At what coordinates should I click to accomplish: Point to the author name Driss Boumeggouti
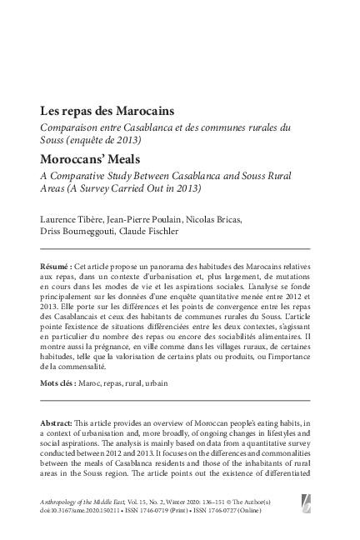coord(77,231)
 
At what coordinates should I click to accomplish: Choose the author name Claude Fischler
coord(152,231)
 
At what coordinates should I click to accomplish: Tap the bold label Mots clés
coord(59,384)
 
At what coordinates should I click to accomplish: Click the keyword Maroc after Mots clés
coord(90,384)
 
